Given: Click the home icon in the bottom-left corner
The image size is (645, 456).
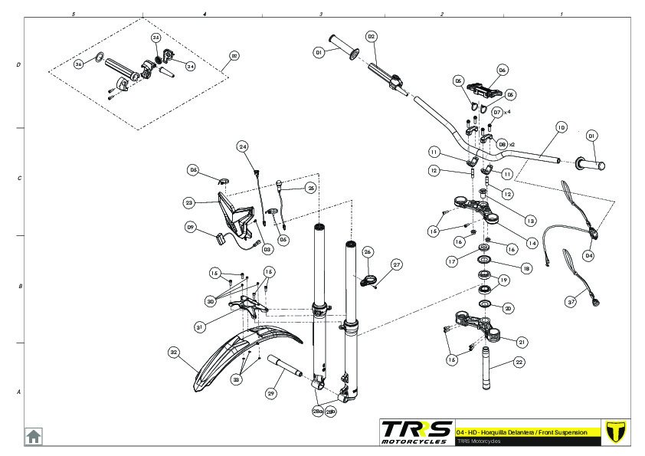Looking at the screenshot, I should pyautogui.click(x=34, y=436).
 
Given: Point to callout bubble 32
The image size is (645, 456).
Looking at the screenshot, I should pyautogui.click(x=174, y=353).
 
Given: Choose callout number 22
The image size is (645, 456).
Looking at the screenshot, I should pyautogui.click(x=519, y=363).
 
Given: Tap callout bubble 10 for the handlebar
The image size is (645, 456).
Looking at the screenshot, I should pyautogui.click(x=561, y=127).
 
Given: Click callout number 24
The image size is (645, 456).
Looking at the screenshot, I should pyautogui.click(x=243, y=146).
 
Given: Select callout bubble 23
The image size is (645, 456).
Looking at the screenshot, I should pyautogui.click(x=189, y=203).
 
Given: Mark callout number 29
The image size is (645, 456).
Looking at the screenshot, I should pyautogui.click(x=270, y=393).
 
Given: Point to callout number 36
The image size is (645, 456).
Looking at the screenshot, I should pyautogui.click(x=79, y=64).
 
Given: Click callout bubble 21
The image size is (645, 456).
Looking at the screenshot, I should pyautogui.click(x=522, y=342).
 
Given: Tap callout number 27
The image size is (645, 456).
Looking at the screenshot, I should pyautogui.click(x=396, y=264).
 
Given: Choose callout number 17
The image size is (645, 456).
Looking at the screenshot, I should pyautogui.click(x=453, y=261).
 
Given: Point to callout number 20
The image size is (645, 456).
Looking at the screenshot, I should pyautogui.click(x=509, y=308).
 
